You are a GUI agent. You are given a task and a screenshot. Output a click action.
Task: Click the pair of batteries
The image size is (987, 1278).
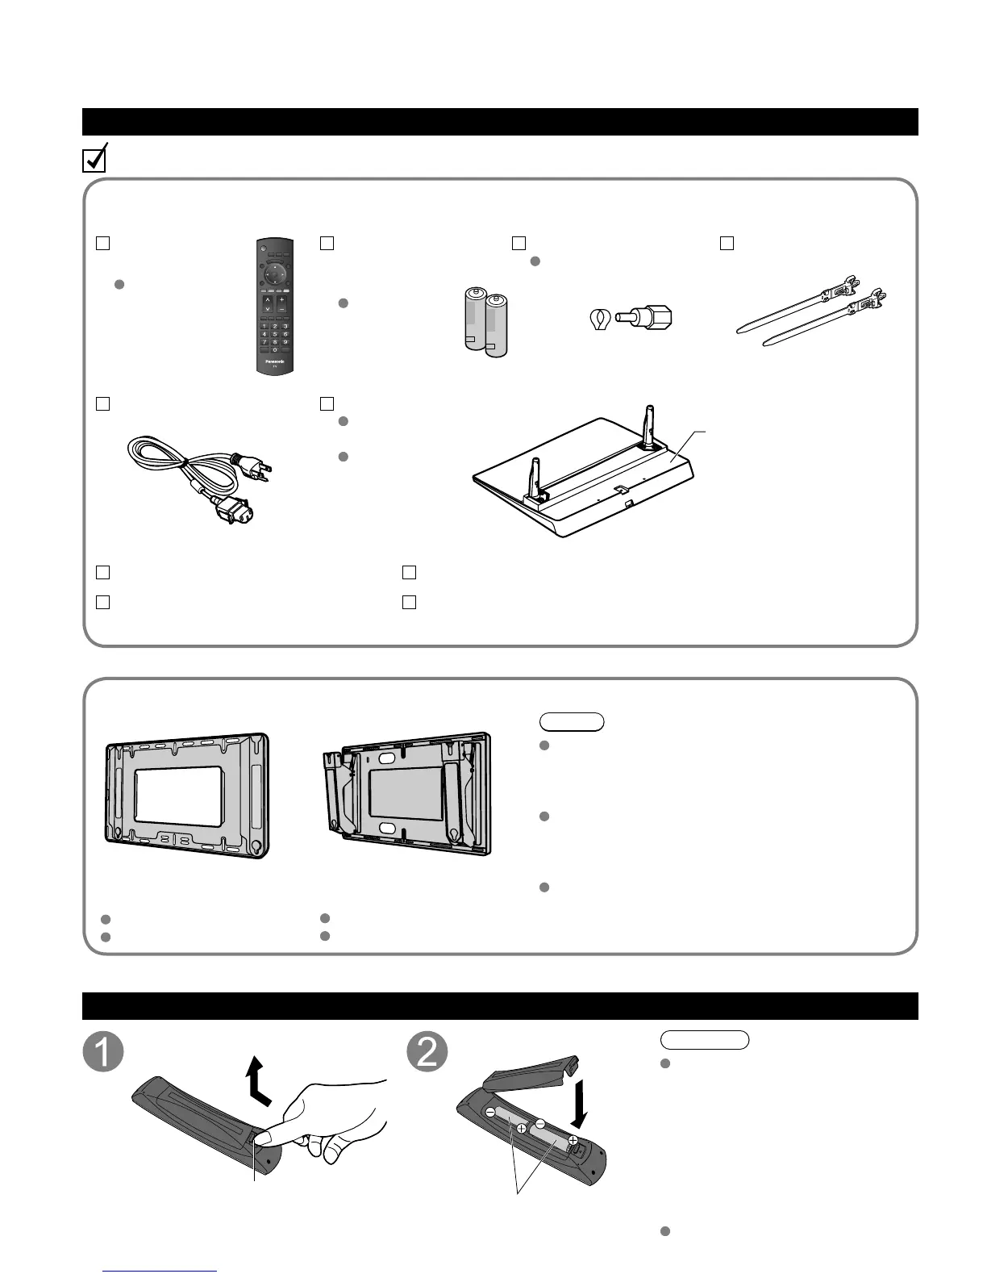click(x=485, y=324)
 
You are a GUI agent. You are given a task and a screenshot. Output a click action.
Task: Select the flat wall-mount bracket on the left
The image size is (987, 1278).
click(x=187, y=795)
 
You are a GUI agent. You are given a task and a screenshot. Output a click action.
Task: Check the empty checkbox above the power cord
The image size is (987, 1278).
click(x=102, y=403)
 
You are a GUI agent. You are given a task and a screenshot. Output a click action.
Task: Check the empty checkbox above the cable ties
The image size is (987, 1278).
click(x=727, y=242)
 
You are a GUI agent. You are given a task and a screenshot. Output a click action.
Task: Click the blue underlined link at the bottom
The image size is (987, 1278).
click(x=161, y=1272)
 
